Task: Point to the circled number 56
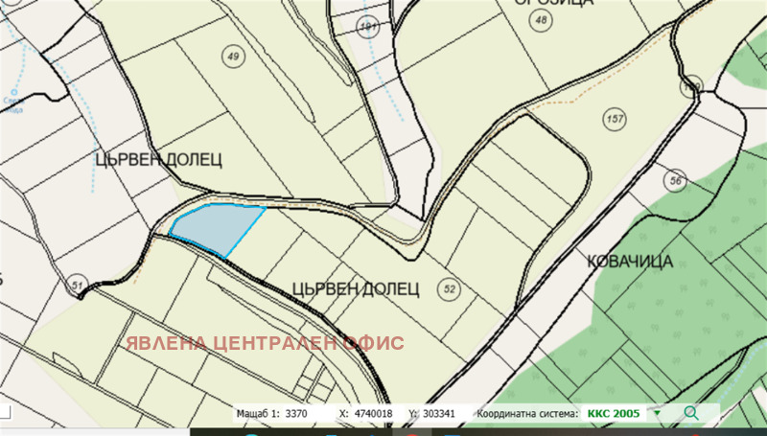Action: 676,181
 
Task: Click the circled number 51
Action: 78,285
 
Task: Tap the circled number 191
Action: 367,26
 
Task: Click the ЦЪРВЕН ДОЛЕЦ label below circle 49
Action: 159,159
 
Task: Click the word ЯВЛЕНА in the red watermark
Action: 169,342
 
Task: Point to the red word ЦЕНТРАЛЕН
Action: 285,342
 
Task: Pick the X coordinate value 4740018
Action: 375,414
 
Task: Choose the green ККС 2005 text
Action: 614,413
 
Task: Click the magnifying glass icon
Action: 691,413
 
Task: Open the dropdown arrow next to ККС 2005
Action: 658,414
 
